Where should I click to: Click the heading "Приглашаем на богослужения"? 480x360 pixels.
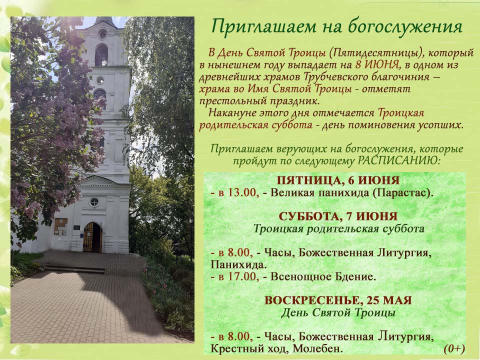tap(336, 26)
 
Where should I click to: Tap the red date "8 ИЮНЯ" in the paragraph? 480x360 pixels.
tap(377, 64)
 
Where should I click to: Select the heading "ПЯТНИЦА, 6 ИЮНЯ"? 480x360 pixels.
tap(338, 180)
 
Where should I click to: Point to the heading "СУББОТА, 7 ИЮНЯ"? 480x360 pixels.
tap(338, 216)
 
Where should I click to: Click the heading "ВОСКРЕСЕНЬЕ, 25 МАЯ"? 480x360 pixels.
tap(338, 300)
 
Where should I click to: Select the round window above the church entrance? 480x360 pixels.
tap(94, 202)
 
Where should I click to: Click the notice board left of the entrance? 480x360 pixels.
tap(60, 226)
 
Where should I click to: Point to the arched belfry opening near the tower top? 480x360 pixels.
tap(101, 55)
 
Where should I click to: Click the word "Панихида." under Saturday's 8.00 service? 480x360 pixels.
tap(237, 264)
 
